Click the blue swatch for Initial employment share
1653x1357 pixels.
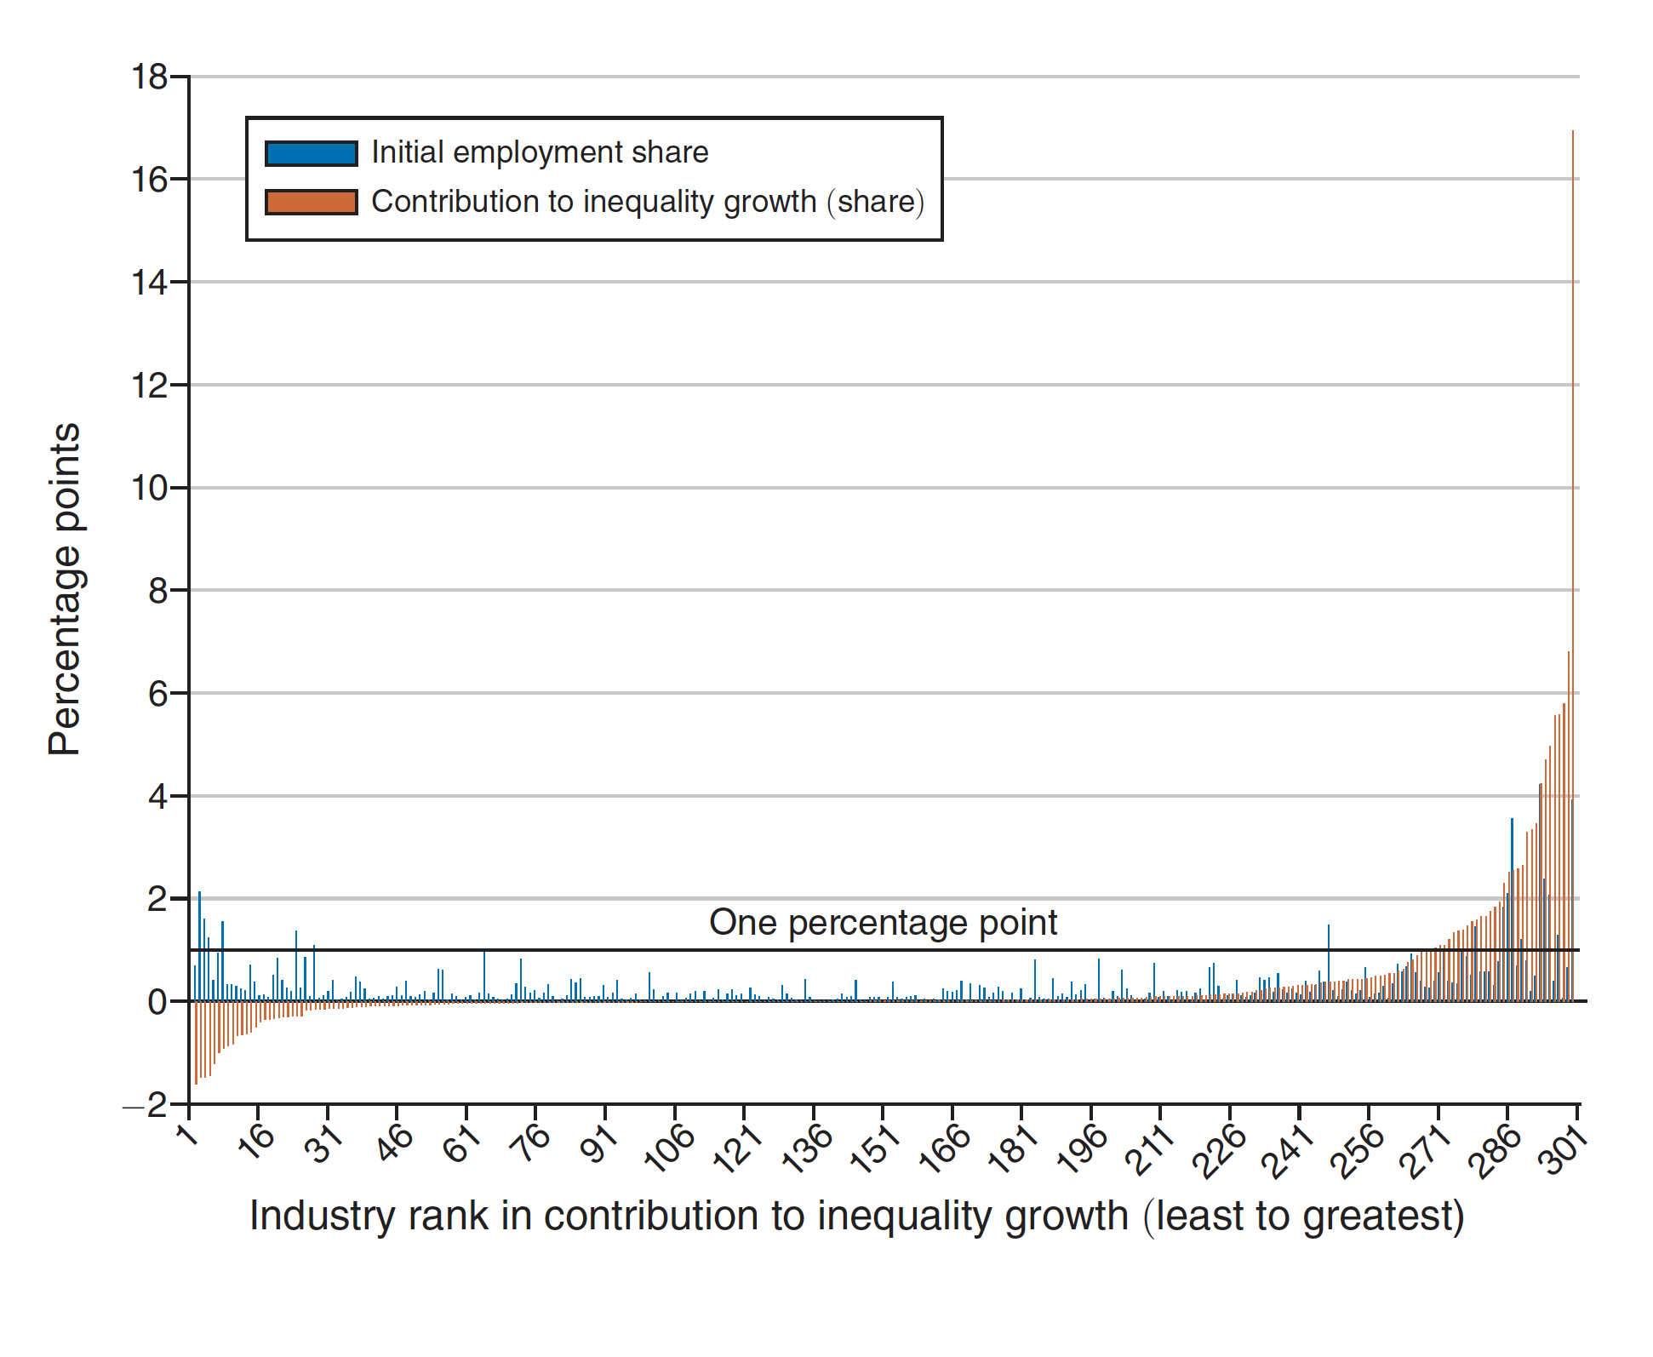tap(311, 153)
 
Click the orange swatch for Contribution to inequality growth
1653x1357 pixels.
tap(311, 203)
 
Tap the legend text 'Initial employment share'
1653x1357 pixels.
tap(540, 152)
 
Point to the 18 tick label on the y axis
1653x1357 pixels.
tap(149, 77)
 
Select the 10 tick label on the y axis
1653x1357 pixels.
tap(149, 489)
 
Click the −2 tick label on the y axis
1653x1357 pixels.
tap(146, 1105)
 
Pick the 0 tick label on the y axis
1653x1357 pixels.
tap(157, 1002)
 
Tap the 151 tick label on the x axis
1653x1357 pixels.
tap(875, 1149)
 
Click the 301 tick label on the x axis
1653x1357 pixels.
tap(1564, 1150)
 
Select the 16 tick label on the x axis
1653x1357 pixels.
tap(256, 1142)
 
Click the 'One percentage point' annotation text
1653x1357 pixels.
tap(883, 923)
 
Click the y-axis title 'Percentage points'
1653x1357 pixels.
tap(65, 589)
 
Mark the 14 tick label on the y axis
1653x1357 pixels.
tap(149, 283)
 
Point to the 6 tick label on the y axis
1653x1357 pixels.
tap(157, 694)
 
